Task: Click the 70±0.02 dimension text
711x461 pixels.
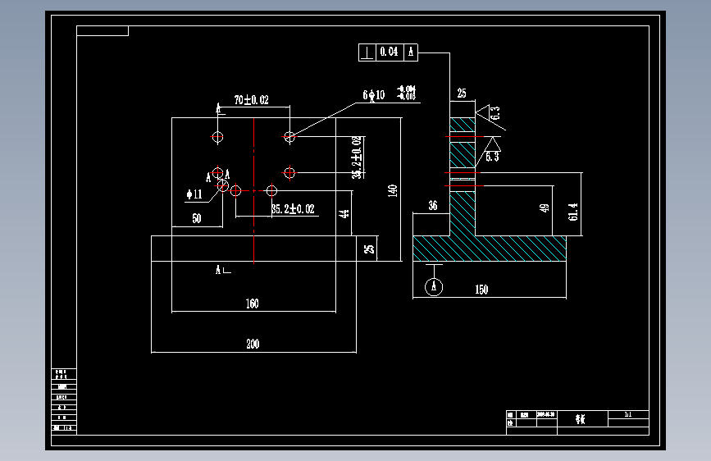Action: (251, 100)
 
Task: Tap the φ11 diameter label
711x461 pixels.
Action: (194, 194)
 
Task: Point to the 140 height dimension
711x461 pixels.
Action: (393, 191)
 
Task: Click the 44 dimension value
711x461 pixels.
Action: (344, 214)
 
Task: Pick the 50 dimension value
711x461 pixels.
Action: (197, 219)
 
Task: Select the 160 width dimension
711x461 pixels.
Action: (252, 304)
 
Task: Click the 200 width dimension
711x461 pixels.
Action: (253, 345)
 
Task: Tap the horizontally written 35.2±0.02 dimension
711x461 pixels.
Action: (293, 209)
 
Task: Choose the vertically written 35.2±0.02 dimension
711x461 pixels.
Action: (357, 157)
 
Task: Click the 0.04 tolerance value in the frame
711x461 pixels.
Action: (390, 52)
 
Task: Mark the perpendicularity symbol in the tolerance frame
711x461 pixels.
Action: (367, 52)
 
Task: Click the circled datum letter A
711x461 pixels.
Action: (435, 286)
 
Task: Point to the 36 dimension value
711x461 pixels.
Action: (432, 206)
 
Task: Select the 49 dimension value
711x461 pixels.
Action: (544, 209)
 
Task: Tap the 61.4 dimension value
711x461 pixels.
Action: (572, 212)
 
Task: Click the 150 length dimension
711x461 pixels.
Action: (481, 290)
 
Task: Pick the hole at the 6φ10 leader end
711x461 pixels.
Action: (289, 137)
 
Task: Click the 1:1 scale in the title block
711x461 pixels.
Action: (628, 416)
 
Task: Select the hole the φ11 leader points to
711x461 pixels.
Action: (222, 186)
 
